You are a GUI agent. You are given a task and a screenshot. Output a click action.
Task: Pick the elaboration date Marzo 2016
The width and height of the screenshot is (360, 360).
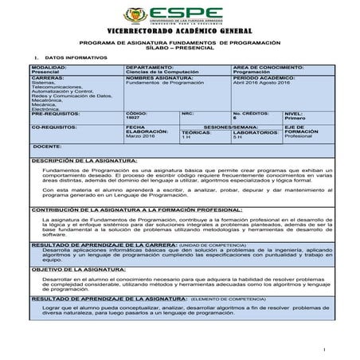pyautogui.click(x=141, y=137)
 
